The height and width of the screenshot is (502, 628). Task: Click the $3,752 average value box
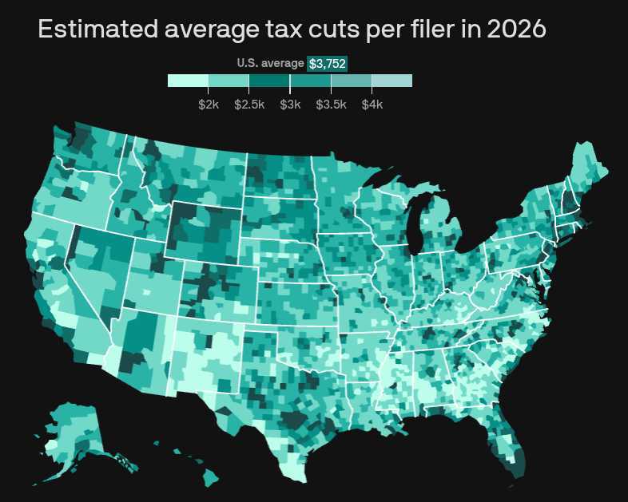pyautogui.click(x=327, y=63)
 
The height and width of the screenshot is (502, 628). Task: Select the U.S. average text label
pyautogui.click(x=270, y=63)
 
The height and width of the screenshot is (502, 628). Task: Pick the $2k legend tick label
pyautogui.click(x=209, y=105)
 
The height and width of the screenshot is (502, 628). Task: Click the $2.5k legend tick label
pyautogui.click(x=249, y=105)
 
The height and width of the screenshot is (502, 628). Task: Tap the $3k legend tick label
pyautogui.click(x=290, y=105)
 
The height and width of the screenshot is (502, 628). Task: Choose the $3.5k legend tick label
pyautogui.click(x=331, y=105)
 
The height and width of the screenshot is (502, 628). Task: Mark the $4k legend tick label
pyautogui.click(x=372, y=105)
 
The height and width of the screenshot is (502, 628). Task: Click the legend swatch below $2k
pyautogui.click(x=188, y=81)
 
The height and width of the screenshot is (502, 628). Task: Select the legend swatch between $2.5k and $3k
pyautogui.click(x=269, y=81)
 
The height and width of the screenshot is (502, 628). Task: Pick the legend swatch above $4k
pyautogui.click(x=392, y=81)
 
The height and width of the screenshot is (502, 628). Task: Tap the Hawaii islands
pyautogui.click(x=209, y=477)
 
